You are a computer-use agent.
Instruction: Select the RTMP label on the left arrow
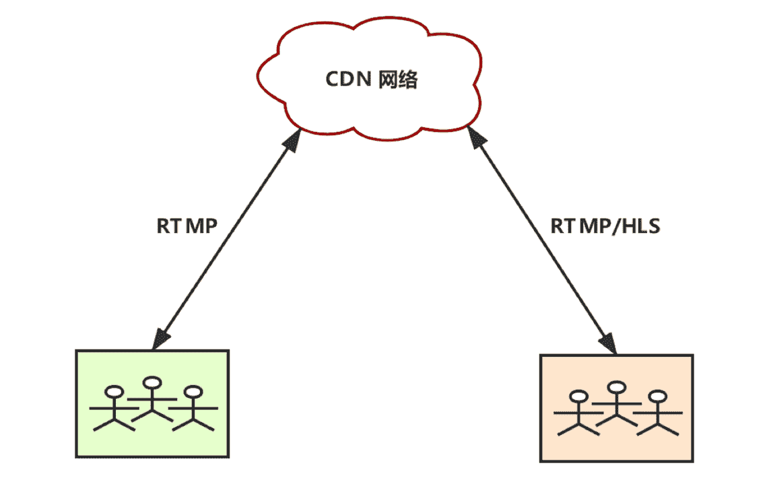tap(187, 226)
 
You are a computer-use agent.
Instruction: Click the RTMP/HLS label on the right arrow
tap(605, 226)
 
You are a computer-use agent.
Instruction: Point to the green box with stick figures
tap(152, 404)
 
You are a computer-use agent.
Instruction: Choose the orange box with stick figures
tap(616, 408)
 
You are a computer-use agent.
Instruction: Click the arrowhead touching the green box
tap(160, 339)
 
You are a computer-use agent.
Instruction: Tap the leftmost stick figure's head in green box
tap(116, 392)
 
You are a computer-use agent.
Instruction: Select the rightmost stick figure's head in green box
tap(194, 391)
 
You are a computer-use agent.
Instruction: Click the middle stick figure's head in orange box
tap(617, 388)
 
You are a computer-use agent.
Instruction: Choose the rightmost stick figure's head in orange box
tap(658, 395)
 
